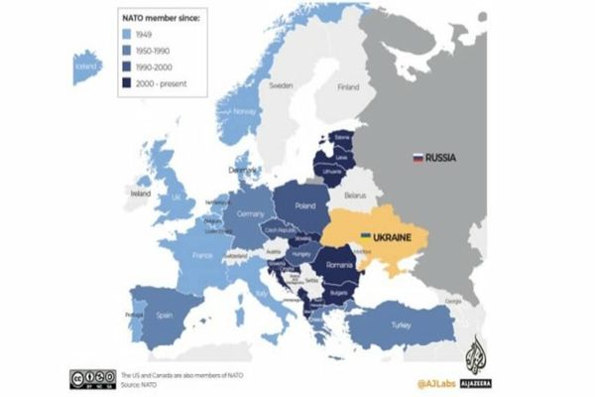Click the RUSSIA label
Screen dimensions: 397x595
[x=443, y=156]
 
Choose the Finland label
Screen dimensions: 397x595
[x=347, y=86]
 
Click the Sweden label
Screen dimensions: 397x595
[x=281, y=86]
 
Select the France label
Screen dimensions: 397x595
[x=201, y=254]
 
